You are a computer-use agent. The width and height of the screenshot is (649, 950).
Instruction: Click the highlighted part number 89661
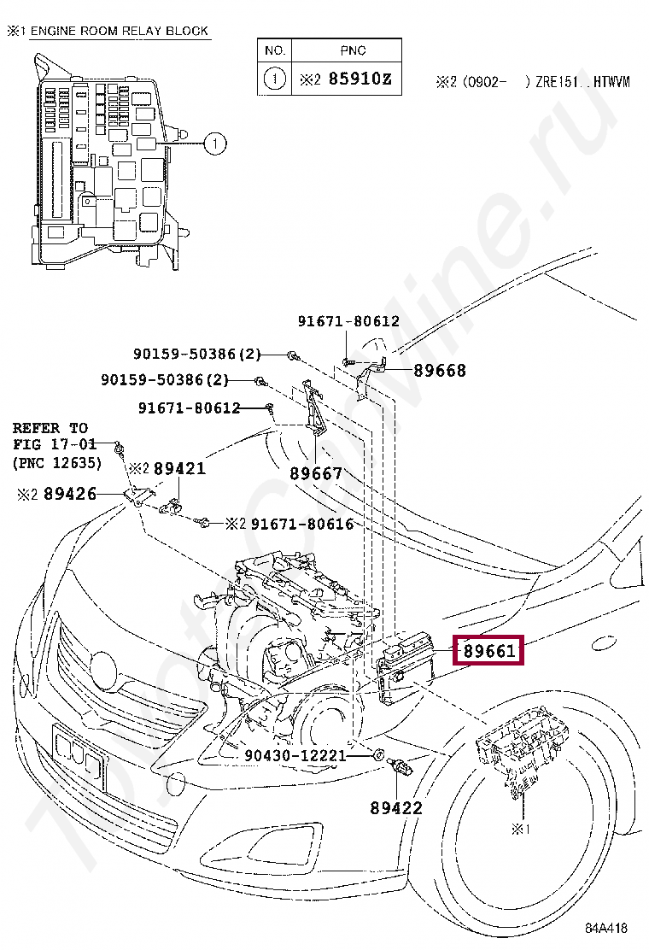click(489, 653)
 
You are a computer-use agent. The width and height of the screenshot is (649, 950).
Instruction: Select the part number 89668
click(440, 371)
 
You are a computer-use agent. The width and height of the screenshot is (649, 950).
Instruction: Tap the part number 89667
click(315, 473)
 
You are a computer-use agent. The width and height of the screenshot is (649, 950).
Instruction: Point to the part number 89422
click(395, 807)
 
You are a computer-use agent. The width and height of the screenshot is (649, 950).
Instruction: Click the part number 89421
click(179, 469)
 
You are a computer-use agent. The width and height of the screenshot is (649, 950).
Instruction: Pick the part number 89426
click(69, 493)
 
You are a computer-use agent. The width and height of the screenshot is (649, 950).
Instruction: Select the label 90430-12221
click(295, 755)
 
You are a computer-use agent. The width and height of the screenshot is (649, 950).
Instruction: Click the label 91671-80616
click(301, 524)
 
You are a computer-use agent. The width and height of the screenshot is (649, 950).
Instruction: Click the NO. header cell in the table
click(274, 51)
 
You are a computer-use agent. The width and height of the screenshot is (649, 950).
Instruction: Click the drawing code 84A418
click(606, 928)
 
